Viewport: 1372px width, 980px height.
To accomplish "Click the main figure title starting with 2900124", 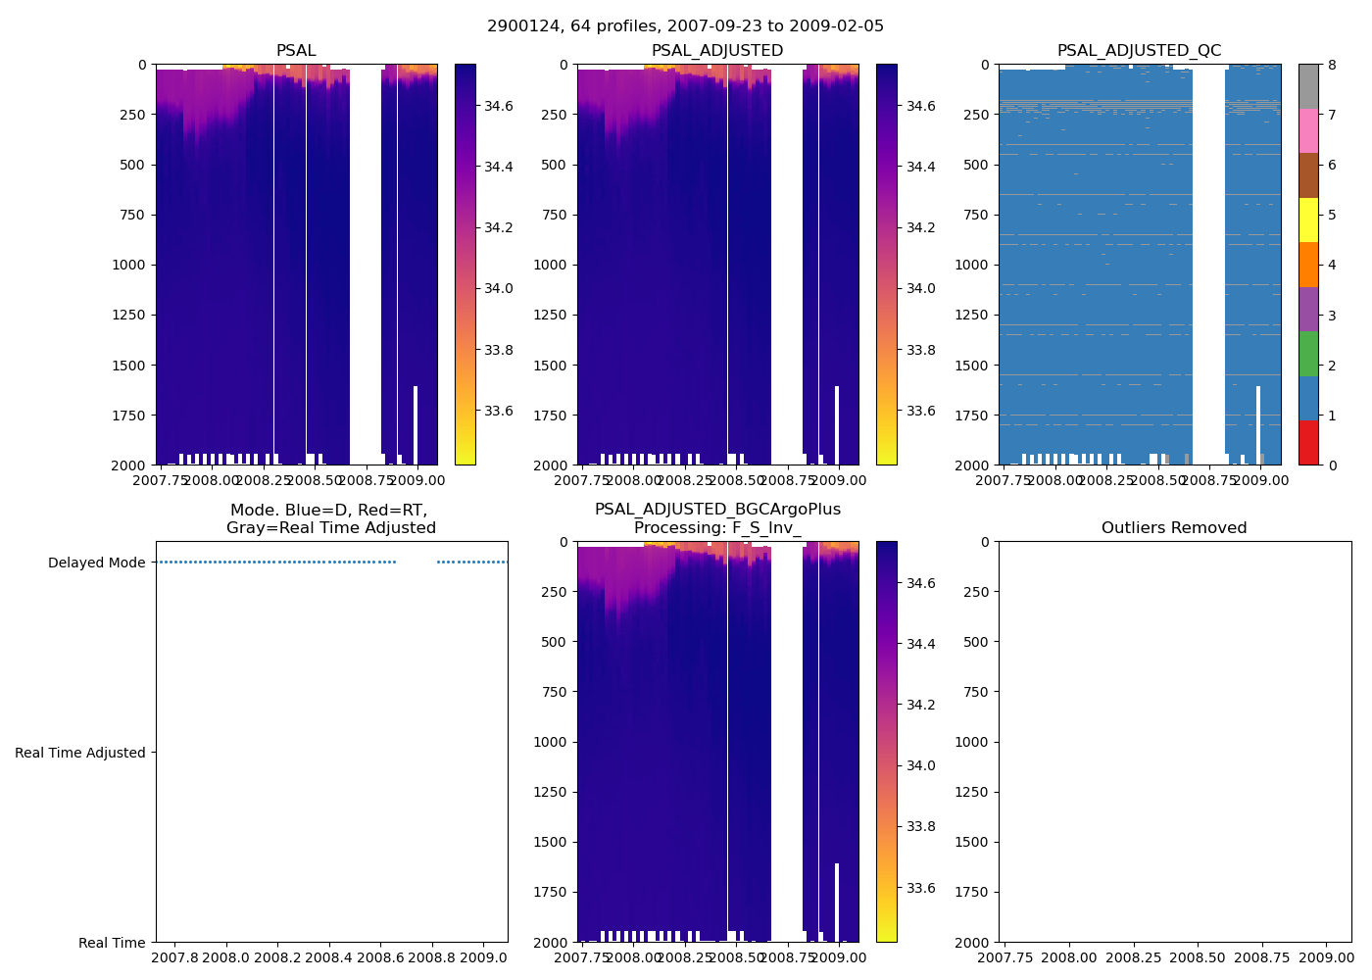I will tap(685, 26).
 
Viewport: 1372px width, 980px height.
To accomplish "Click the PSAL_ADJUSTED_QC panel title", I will tap(1139, 51).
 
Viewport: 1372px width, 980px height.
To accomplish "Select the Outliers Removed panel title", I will tap(1173, 528).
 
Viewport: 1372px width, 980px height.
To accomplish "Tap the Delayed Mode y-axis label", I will tap(96, 563).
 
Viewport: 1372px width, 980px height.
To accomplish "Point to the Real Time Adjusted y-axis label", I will tap(80, 753).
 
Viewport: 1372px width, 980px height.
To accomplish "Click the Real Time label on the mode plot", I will tap(112, 943).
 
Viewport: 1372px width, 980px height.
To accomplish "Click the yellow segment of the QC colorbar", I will tap(1308, 220).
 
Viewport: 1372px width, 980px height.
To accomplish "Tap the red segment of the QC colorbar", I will tap(1308, 442).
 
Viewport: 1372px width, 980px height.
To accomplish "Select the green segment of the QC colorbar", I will tap(1308, 354).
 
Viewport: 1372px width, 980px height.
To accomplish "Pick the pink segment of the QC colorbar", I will tap(1308, 131).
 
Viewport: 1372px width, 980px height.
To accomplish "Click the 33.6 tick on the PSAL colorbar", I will tap(499, 411).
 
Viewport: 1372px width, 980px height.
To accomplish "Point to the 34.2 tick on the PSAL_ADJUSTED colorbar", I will tap(920, 227).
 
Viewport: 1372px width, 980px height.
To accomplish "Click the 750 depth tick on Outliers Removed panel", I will tap(975, 692).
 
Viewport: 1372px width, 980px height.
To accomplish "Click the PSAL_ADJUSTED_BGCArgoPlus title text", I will tap(717, 510).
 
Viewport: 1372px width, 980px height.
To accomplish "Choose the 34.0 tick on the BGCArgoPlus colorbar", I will tap(920, 765).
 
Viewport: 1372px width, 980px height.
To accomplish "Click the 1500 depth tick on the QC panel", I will tap(971, 366).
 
